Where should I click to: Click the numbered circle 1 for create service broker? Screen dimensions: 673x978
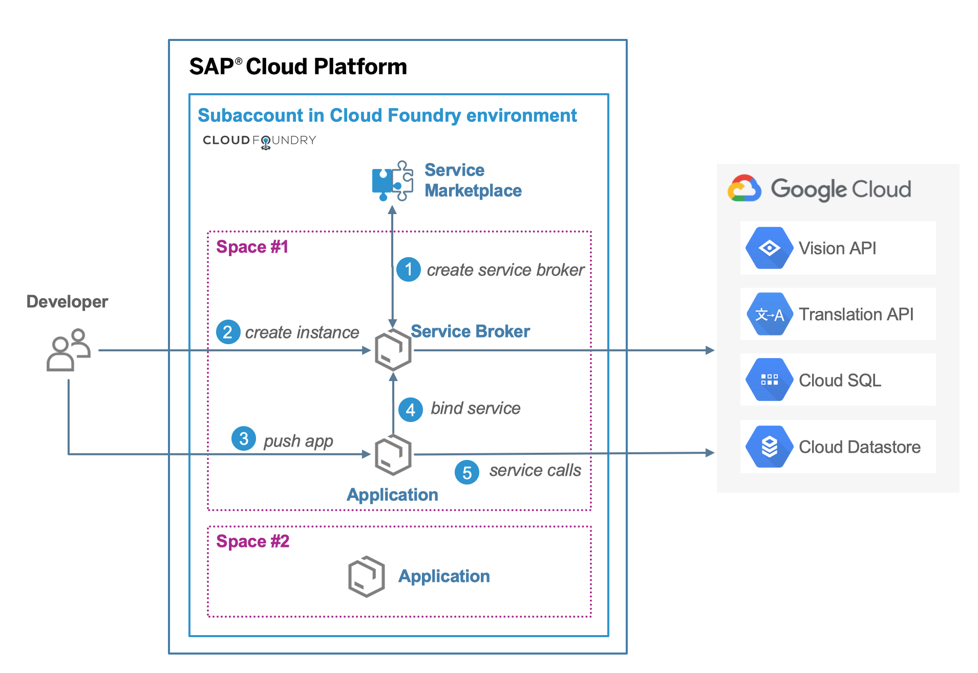(x=409, y=269)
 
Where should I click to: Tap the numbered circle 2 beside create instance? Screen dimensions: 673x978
(x=228, y=332)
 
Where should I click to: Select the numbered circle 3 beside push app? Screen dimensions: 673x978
(x=244, y=439)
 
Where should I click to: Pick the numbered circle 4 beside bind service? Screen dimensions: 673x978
(x=411, y=410)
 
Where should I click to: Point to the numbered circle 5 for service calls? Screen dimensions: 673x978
(x=467, y=472)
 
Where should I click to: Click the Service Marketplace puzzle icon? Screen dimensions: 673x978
(x=392, y=181)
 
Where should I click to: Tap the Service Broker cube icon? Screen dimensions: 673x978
(x=393, y=350)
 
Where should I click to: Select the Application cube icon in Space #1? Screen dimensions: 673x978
(x=393, y=455)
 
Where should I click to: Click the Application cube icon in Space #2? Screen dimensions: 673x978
(x=366, y=576)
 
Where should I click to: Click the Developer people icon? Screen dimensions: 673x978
(x=69, y=350)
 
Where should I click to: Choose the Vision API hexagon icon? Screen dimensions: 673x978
(x=769, y=248)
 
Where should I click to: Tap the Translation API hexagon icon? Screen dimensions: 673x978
(x=769, y=314)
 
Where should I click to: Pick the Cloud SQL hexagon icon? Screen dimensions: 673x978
(x=769, y=380)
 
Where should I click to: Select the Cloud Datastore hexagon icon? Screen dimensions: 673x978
(x=769, y=447)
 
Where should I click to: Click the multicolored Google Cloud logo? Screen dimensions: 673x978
(x=745, y=189)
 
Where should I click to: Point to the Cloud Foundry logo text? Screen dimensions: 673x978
(x=259, y=140)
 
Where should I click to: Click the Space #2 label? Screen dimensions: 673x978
(x=252, y=541)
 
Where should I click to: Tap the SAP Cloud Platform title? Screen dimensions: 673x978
(x=298, y=67)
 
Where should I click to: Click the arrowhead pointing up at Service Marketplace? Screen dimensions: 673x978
(x=392, y=210)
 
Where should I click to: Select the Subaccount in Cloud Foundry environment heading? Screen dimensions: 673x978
(x=387, y=116)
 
